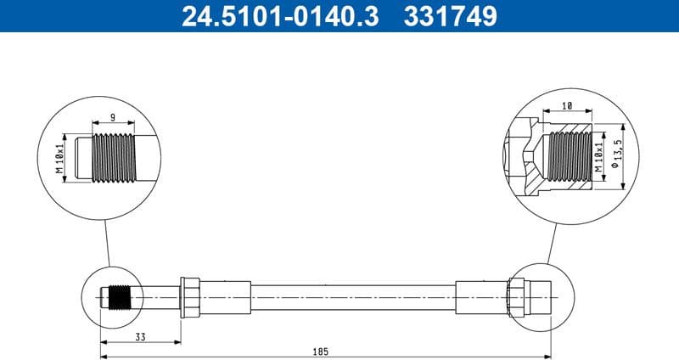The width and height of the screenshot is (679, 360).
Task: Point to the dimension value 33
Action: tap(140, 337)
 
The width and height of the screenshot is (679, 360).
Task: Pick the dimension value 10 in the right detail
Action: tap(567, 107)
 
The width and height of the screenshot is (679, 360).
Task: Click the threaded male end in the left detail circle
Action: tap(114, 158)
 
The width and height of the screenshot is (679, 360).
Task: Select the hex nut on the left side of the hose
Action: tap(189, 297)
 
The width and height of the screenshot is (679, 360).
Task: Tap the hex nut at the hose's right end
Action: tap(516, 297)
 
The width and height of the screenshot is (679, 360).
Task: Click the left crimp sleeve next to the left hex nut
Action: tap(225, 297)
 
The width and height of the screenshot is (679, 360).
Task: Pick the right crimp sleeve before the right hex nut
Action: tap(481, 297)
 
